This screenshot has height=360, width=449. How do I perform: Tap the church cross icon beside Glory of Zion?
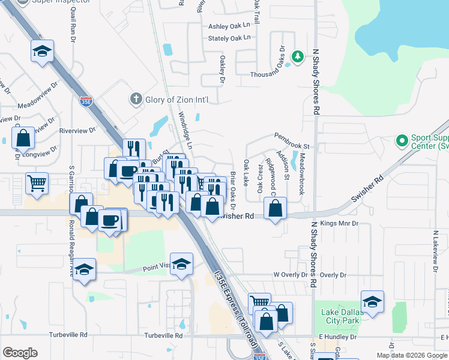coord(136,99)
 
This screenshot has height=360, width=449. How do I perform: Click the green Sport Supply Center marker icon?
coord(402,142)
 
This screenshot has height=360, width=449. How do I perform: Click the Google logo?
coord(20,352)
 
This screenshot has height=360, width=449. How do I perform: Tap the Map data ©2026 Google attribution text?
coord(412,355)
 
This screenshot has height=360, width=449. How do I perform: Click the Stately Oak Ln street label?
coord(229,38)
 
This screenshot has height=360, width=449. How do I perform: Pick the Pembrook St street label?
coord(292,146)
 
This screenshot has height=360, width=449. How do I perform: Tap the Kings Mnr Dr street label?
coord(339,223)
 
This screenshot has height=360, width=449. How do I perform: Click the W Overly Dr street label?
coord(290,275)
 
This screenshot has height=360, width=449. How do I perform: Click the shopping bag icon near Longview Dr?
coord(23,138)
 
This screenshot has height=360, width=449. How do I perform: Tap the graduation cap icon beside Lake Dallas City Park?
coord(372,302)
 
